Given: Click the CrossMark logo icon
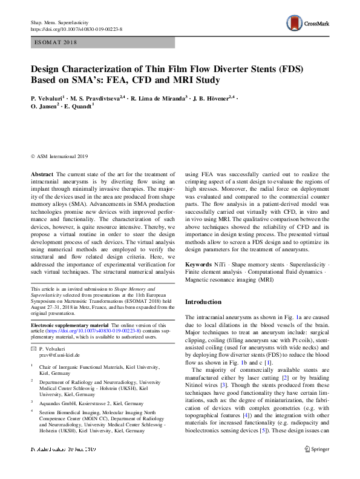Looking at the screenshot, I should pos(296,23).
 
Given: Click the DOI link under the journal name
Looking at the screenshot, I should pos(76,29).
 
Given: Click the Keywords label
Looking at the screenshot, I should pos(198,265).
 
